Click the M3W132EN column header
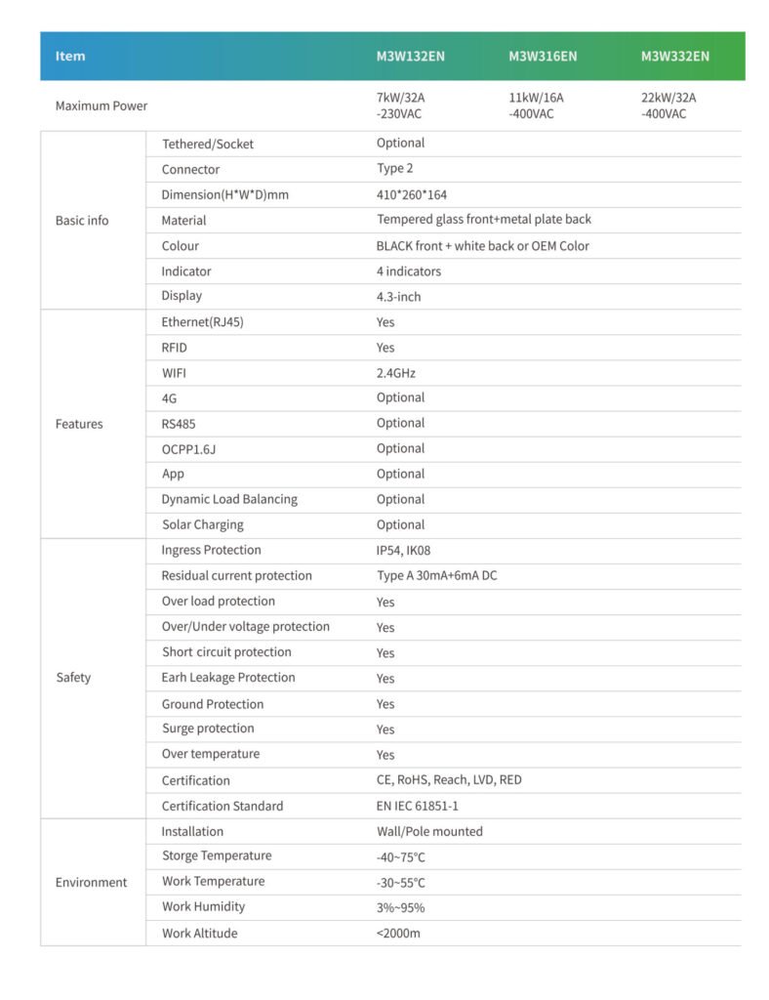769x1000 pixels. (410, 56)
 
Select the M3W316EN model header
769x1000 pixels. (543, 56)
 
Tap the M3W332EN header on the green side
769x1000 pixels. (675, 56)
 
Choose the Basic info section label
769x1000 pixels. (82, 220)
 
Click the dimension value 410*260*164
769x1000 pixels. (412, 194)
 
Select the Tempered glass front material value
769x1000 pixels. (484, 220)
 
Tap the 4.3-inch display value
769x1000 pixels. (399, 296)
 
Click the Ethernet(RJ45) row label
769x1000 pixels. (202, 321)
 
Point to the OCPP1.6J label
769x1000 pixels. (195, 448)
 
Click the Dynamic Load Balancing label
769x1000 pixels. (229, 499)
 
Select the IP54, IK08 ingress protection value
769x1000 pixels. (403, 550)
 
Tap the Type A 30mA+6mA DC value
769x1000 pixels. (437, 575)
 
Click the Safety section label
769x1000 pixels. (73, 677)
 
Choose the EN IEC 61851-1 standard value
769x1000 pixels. (418, 806)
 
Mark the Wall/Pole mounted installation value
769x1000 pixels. (429, 831)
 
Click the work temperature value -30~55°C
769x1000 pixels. (401, 882)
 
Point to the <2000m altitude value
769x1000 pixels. (398, 933)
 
